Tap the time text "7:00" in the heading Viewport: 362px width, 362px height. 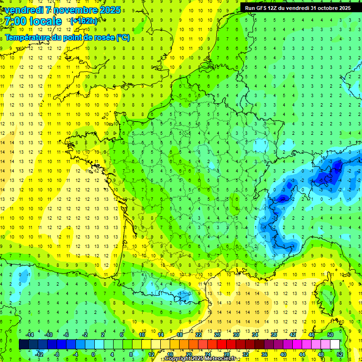16,21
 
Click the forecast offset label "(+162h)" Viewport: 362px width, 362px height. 84,21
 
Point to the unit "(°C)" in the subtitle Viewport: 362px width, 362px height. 123,38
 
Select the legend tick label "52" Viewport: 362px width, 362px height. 340,354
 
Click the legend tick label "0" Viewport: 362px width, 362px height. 93,354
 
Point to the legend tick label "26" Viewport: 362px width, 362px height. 217,335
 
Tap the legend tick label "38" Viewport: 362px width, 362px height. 274,335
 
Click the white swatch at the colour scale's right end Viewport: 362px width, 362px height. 335,345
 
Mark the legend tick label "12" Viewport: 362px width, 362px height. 151,354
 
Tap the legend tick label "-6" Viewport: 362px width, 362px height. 66,335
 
